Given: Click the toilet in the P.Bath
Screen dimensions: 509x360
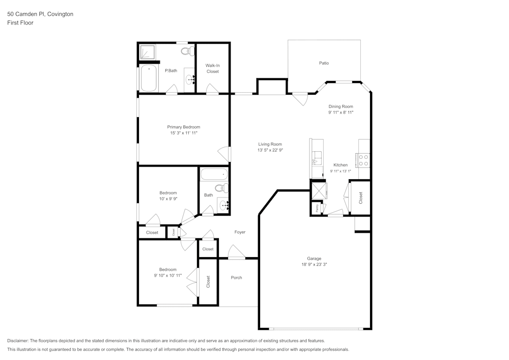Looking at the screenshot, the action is click(188, 51).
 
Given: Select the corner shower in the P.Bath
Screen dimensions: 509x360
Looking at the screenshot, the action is click(148, 52).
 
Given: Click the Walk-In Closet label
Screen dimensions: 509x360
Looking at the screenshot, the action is click(213, 69).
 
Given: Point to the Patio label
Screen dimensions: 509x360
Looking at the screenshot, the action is click(324, 63).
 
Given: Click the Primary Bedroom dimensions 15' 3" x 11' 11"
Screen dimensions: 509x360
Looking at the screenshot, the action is click(184, 133).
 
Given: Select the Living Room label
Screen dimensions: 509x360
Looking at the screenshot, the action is click(270, 144).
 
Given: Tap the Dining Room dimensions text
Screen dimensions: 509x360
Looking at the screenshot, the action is click(341, 113).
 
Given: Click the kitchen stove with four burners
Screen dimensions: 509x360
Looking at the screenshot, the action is click(363, 160).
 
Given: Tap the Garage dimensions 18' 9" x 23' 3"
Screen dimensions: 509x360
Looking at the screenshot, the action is click(314, 265).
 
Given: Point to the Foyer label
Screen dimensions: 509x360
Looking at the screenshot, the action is click(240, 232).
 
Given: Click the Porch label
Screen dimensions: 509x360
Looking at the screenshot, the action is click(236, 278).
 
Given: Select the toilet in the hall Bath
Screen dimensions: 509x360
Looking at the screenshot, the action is click(222, 188).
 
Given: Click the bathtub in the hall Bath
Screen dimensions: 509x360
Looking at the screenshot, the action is click(214, 174).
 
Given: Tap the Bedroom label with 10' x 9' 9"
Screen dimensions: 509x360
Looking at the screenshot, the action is click(168, 193).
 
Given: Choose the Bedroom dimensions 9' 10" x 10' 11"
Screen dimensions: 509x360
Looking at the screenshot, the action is click(168, 275).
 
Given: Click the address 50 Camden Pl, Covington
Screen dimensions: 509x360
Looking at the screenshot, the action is click(40, 14).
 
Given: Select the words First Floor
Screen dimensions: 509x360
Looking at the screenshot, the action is click(20, 23).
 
